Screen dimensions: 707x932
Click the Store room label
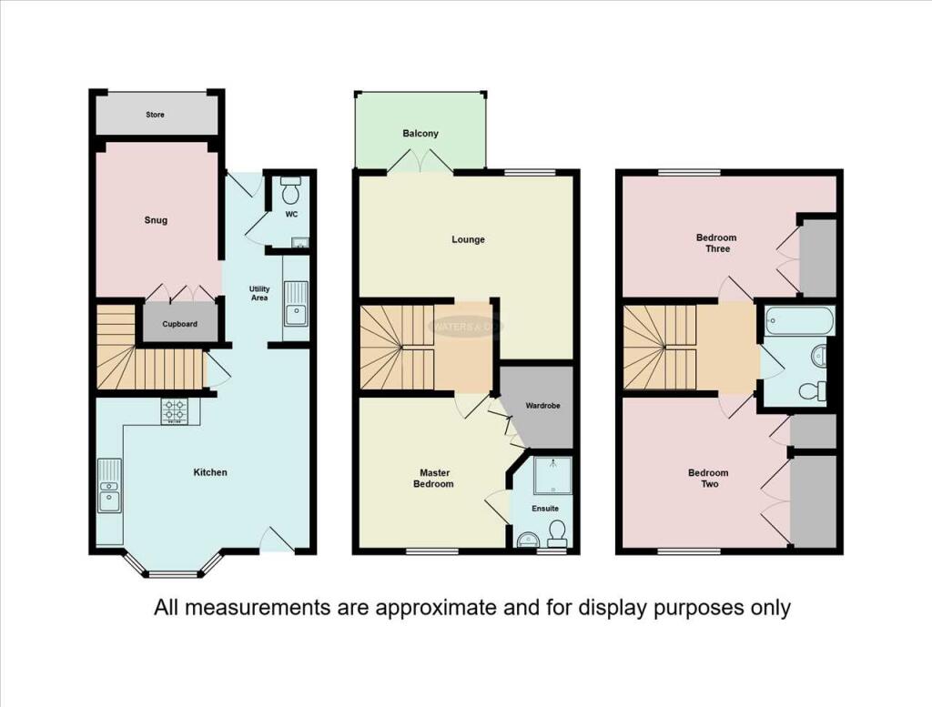tap(156, 115)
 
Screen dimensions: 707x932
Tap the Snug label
tap(156, 220)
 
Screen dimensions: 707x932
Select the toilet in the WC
tap(291, 192)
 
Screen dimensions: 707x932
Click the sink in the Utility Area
tap(295, 303)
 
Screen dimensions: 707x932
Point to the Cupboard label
tap(179, 324)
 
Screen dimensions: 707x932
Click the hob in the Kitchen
tap(174, 411)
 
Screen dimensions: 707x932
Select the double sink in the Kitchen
tap(109, 486)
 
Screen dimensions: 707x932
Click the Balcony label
tap(420, 133)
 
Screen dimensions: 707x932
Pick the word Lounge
tap(469, 240)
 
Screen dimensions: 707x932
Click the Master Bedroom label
tap(436, 479)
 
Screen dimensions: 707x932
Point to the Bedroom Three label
tap(716, 243)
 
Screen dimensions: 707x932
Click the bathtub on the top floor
tap(799, 319)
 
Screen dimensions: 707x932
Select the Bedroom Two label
tap(708, 479)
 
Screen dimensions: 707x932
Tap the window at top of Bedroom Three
tap(689, 172)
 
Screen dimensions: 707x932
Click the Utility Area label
tap(259, 294)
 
